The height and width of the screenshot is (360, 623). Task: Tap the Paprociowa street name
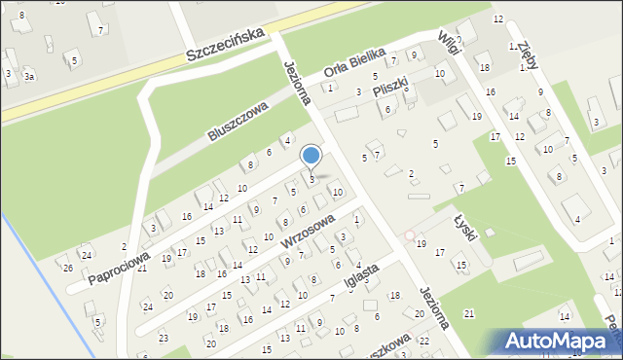118,266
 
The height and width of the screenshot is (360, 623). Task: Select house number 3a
30,76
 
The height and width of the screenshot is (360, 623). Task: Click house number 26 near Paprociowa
68,268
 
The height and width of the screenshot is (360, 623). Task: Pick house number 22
423,341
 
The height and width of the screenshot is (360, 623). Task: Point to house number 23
163,338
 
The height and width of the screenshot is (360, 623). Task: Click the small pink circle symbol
409,234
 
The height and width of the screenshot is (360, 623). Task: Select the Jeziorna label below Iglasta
435,307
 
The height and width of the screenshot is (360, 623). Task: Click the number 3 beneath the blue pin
311,180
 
